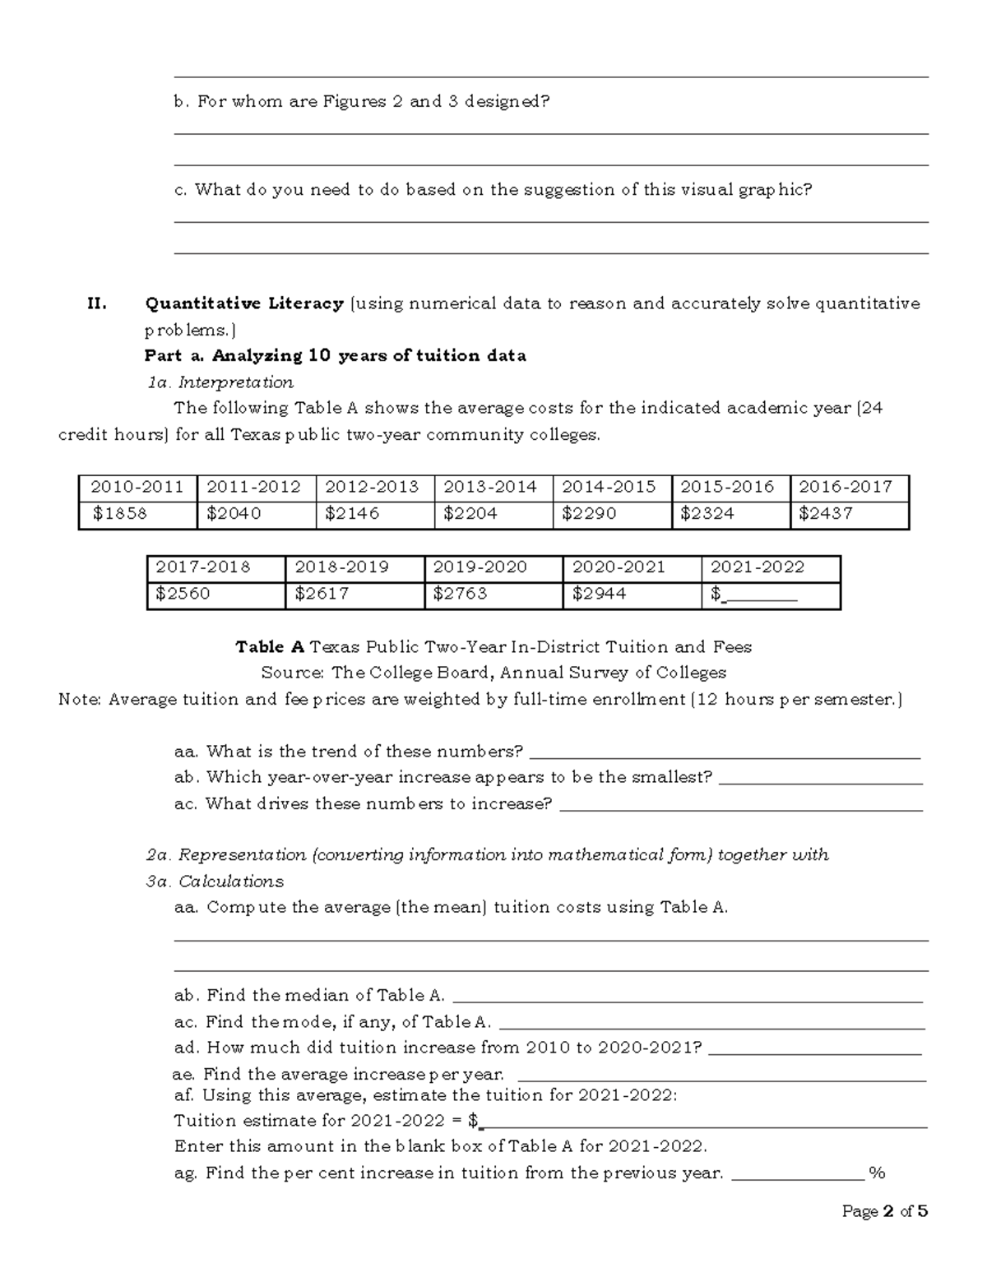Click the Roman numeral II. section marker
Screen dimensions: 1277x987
97,303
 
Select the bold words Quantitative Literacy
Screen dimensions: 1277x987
244,303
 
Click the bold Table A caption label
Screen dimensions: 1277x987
270,647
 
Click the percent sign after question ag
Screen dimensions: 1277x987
877,1173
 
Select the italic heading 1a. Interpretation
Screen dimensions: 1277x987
220,382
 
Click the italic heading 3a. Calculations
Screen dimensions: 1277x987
215,881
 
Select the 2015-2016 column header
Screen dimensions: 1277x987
727,487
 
